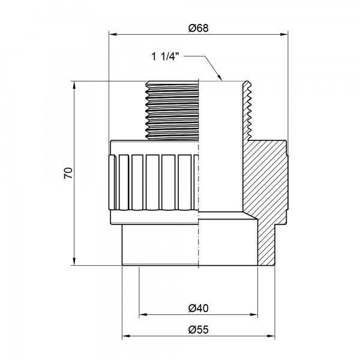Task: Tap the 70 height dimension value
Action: (68, 173)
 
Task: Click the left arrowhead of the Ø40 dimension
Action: (143, 314)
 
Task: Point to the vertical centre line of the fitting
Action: (199, 180)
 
